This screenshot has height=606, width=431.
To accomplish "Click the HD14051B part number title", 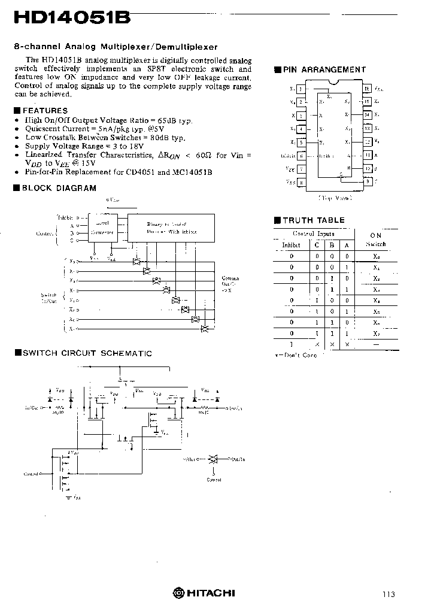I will pos(72,17).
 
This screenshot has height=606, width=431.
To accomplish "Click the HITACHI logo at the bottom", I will pos(204,593).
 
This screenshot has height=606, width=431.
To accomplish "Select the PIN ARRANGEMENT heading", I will pos(324,69).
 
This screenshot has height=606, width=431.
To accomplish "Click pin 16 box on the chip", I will pos(367,89).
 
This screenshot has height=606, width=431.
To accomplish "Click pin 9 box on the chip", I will pos(367,182).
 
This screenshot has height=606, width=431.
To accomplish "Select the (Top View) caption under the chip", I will pos(334,196).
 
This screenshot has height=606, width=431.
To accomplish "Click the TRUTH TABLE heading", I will pos(313,220).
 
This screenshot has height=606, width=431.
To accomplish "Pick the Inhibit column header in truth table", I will pos(292,245).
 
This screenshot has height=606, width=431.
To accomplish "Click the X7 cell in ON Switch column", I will pos(376,333).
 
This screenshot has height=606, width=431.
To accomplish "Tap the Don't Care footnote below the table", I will pos(296,355).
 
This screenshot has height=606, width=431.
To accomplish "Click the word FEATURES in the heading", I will pos(45,110).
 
